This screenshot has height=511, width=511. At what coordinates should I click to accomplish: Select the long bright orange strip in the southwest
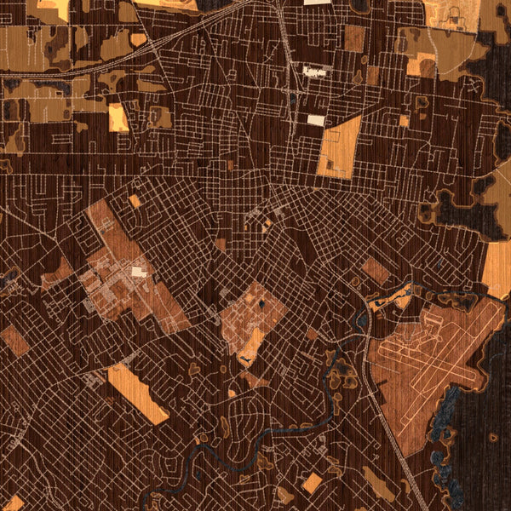click(138, 394)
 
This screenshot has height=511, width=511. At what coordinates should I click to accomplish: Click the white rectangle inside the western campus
click(138, 272)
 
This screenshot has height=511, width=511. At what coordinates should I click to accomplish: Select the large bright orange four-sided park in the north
click(338, 147)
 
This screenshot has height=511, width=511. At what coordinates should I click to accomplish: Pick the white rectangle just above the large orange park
click(316, 120)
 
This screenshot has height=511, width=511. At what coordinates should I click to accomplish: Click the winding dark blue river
click(281, 431)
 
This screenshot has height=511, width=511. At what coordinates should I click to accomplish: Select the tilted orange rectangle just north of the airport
click(376, 271)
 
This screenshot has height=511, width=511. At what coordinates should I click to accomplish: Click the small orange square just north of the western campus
click(135, 201)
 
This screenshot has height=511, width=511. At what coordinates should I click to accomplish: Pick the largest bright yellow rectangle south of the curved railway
click(118, 118)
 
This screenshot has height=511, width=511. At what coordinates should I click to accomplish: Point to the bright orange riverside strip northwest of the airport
click(400, 300)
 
